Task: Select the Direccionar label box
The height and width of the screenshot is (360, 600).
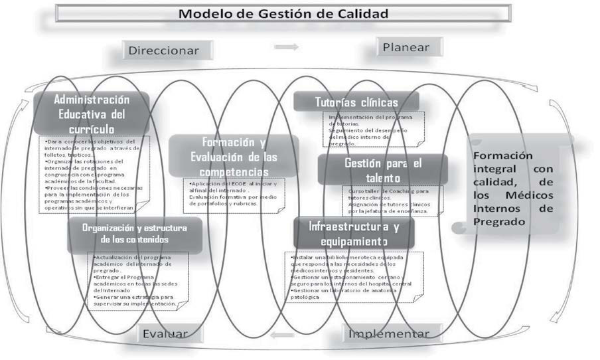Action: tap(170, 50)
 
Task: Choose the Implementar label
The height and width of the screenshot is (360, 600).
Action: tap(389, 333)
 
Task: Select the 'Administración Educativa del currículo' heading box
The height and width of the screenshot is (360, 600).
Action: tap(92, 114)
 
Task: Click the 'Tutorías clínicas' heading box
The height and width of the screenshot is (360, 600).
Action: tap(356, 102)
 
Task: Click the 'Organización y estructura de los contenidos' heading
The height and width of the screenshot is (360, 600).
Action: tap(134, 234)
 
